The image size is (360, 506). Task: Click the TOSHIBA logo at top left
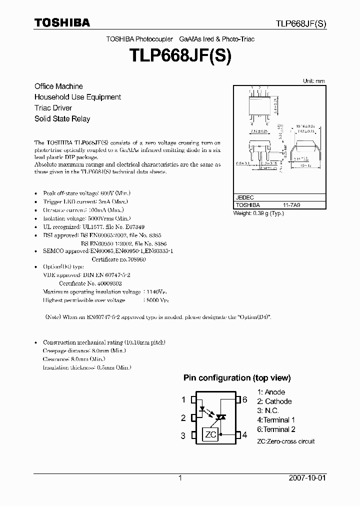62,22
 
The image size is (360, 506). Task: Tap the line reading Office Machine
58,86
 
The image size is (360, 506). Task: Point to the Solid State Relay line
62,119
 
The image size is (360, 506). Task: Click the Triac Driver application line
53,108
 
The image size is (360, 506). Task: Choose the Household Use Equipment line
77,97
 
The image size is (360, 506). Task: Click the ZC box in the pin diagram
210,434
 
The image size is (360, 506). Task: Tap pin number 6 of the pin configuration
244,399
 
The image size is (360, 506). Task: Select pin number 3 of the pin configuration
183,435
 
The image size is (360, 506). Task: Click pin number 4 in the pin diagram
244,435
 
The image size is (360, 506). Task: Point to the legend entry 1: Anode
271,392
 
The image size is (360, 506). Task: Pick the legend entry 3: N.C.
268,410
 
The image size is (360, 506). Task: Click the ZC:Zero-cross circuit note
286,441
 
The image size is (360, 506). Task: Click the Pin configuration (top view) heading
237,378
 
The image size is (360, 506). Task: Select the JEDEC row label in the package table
245,197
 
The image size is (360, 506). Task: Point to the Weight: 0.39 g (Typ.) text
258,213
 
